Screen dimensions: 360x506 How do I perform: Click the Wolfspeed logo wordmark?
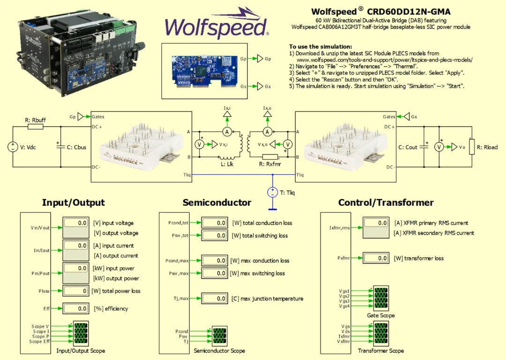[x=216, y=27]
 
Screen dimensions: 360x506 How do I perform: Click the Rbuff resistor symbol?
[x=36, y=127]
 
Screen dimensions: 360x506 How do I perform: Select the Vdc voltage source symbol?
[x=13, y=147]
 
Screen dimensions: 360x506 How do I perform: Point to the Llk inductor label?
[x=226, y=165]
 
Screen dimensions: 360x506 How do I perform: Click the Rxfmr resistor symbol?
[x=270, y=157]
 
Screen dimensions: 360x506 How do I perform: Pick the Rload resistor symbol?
[x=472, y=147]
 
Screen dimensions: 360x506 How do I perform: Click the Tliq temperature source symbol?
[x=272, y=192]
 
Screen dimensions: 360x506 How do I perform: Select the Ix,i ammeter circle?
[x=227, y=132]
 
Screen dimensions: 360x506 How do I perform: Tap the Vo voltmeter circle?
[x=439, y=147]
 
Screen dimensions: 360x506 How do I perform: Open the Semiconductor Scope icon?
[x=219, y=336]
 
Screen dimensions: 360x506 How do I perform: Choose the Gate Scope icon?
[x=380, y=299]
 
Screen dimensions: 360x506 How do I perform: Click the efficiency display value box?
[x=76, y=308]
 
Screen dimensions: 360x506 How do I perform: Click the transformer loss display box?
[x=377, y=258]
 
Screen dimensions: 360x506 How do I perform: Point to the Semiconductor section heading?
[x=217, y=202]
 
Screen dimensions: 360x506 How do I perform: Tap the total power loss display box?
[x=76, y=291]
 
